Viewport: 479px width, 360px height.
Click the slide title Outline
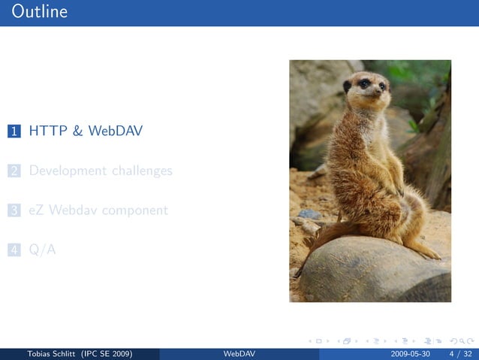(x=39, y=12)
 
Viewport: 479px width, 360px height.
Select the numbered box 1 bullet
(x=14, y=132)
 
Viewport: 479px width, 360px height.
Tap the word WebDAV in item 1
(x=115, y=132)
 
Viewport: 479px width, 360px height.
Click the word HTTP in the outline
(x=47, y=132)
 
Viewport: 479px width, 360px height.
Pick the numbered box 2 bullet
(x=14, y=171)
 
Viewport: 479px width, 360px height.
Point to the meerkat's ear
(x=348, y=86)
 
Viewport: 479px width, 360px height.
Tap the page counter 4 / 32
(x=460, y=354)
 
